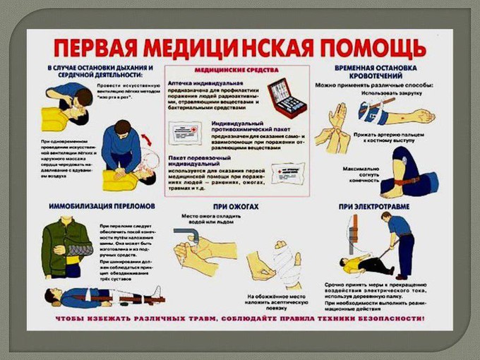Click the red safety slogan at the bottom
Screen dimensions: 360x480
[x=240, y=318]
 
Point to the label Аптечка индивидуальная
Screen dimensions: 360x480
[x=201, y=83]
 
